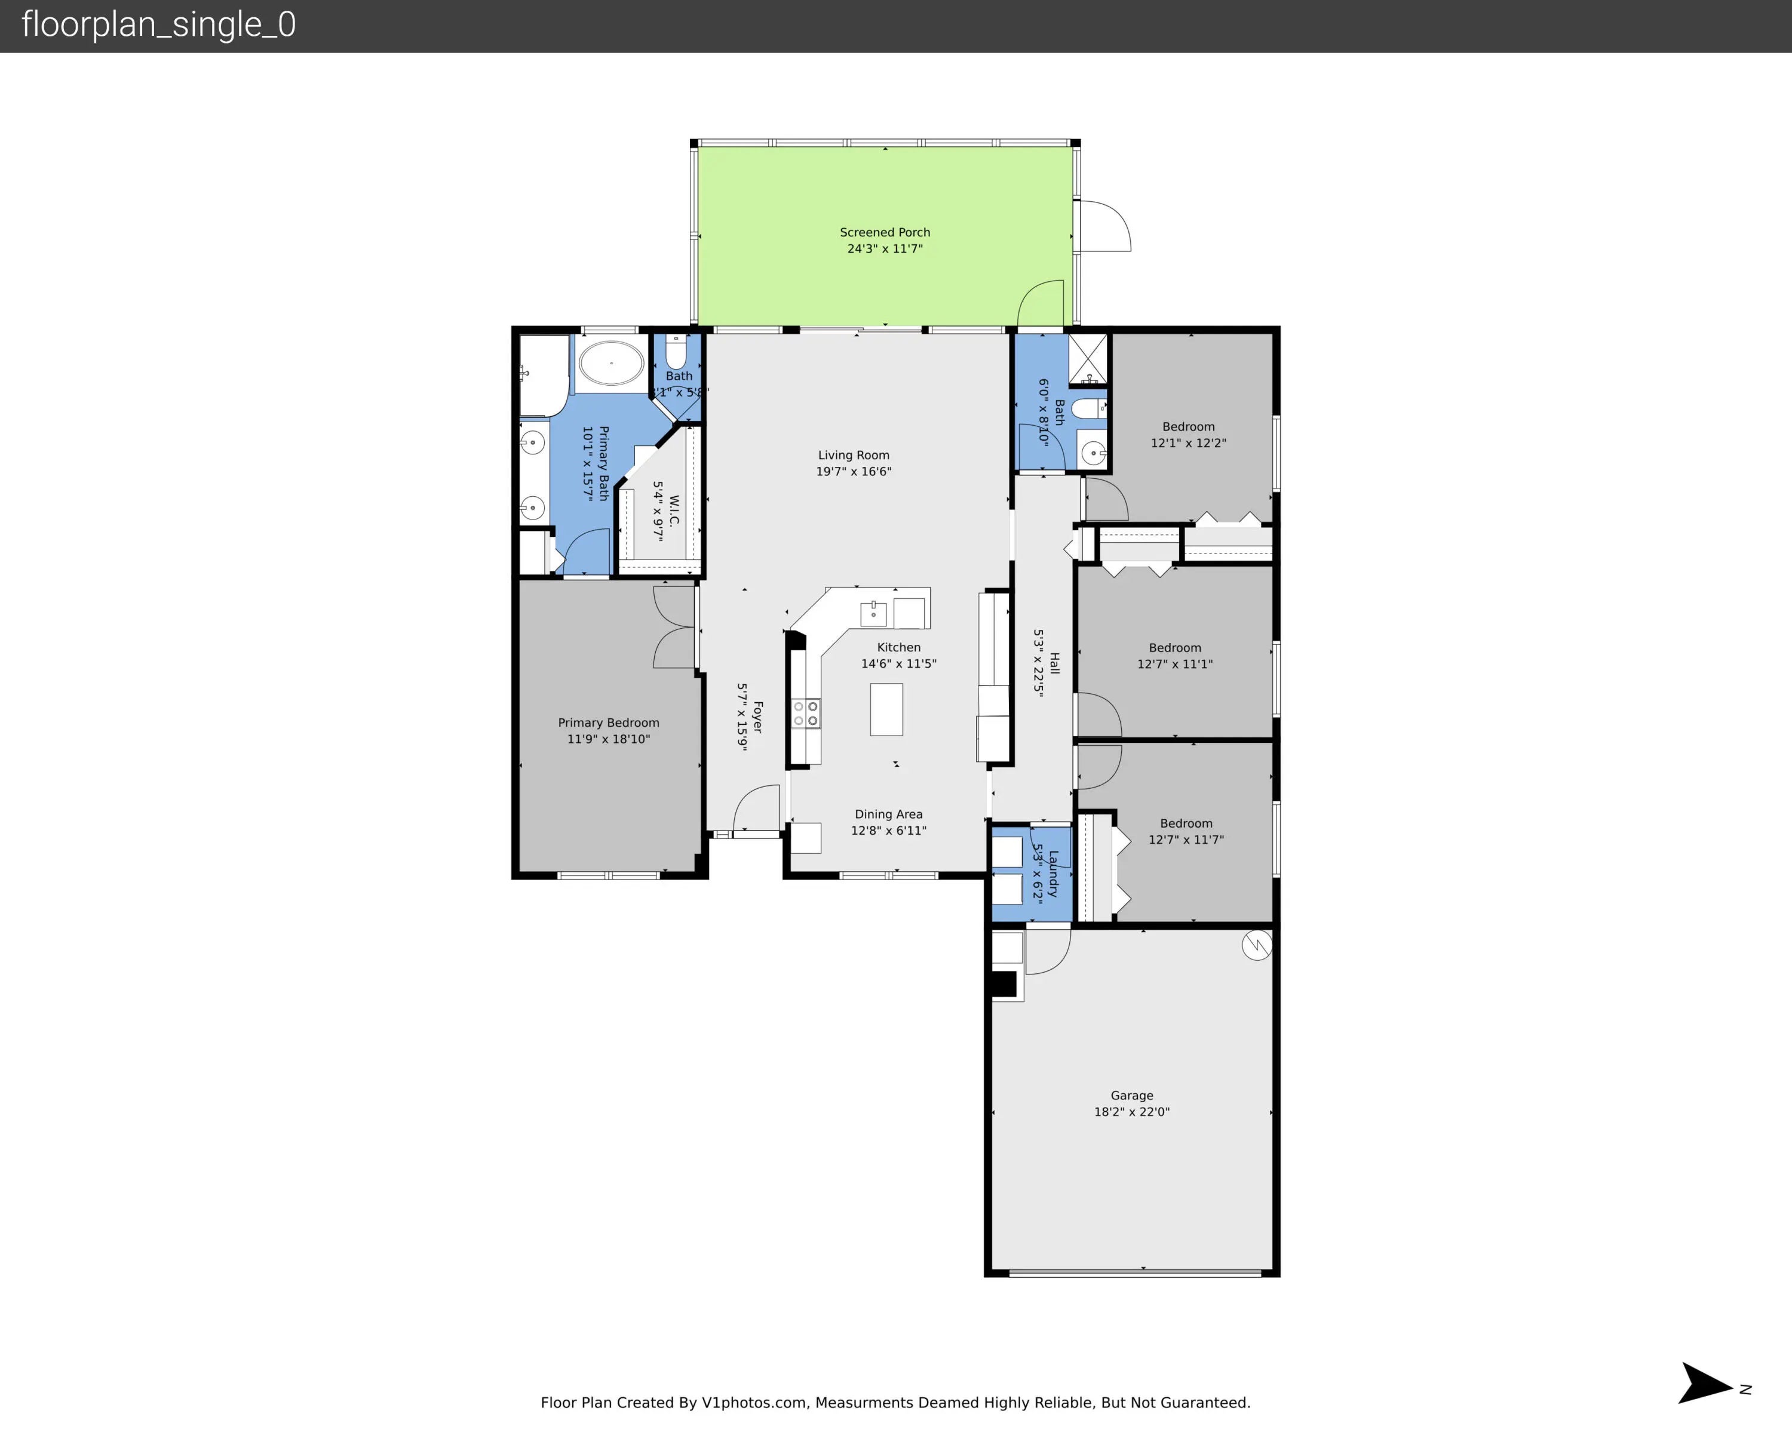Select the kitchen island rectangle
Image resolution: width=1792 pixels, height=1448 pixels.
(886, 709)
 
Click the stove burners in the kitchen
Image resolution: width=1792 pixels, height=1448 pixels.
(806, 713)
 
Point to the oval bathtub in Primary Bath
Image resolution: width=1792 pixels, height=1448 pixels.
(612, 364)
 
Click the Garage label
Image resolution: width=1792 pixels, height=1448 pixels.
(1132, 1095)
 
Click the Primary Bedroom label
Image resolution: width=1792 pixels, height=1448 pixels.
(608, 723)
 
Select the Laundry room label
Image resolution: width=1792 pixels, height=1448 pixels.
(1053, 872)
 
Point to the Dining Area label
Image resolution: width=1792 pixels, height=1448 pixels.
(888, 814)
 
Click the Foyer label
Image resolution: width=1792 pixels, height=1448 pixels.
(757, 717)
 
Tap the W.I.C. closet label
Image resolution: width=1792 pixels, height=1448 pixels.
(674, 511)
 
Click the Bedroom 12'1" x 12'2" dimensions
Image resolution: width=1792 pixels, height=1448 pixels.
(1188, 443)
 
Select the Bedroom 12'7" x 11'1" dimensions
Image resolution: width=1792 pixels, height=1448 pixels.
(1174, 664)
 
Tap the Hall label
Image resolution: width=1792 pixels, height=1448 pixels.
(1054, 663)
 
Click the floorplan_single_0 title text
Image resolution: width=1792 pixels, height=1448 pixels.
(158, 25)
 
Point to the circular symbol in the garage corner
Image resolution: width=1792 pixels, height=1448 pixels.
(1256, 945)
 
